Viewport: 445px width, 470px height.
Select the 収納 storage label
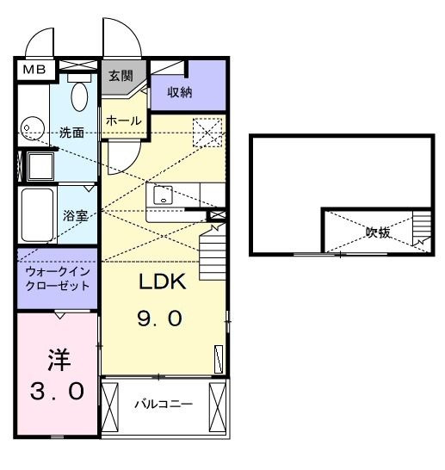180,92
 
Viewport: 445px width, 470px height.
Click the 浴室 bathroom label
76,215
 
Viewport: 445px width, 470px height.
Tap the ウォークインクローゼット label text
56,278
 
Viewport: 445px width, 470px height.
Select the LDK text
164,281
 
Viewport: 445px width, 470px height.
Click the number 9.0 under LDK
160,319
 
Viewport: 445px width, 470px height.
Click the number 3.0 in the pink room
58,393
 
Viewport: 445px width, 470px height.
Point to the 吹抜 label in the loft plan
377,232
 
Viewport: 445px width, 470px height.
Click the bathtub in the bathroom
39,215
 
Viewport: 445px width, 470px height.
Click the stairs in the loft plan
421,231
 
